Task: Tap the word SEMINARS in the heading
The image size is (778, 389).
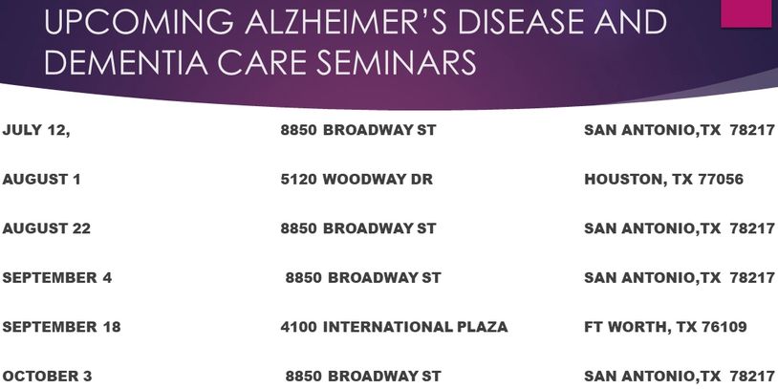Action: coord(397,61)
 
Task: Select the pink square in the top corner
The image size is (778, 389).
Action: coord(746,13)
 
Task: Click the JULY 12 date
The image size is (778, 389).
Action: coord(36,130)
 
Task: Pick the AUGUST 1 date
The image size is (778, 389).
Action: coord(41,179)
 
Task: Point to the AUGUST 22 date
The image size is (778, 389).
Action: coord(47,228)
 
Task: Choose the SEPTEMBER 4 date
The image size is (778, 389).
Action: coord(57,277)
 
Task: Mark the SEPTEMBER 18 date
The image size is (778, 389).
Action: coord(61,327)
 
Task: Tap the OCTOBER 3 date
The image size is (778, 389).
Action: coord(47,377)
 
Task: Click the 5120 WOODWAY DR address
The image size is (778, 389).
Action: coord(357,179)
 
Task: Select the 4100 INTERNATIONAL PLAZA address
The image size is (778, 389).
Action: coord(394,327)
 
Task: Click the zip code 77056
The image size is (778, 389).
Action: coord(721,179)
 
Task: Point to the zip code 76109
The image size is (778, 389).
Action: coord(724,327)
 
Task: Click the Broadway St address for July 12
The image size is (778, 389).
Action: coord(358,130)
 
